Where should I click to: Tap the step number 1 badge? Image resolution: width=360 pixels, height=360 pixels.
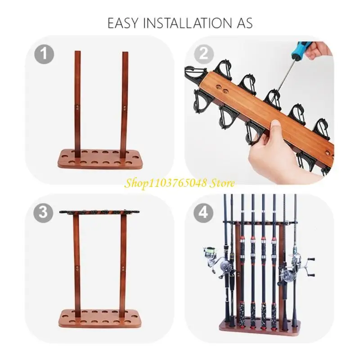(44, 54)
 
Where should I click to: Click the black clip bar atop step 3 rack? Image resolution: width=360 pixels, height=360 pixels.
(100, 212)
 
